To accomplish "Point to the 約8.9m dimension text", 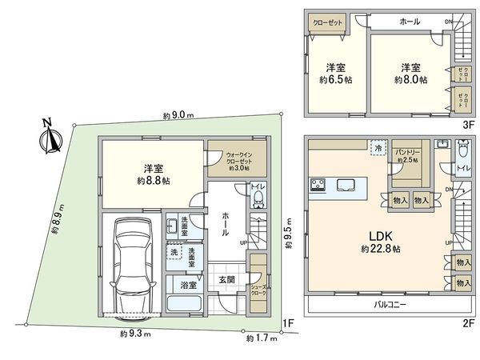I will point(57,222).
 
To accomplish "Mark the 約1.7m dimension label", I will point(261,338).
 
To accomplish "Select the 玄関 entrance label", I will point(226,280).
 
